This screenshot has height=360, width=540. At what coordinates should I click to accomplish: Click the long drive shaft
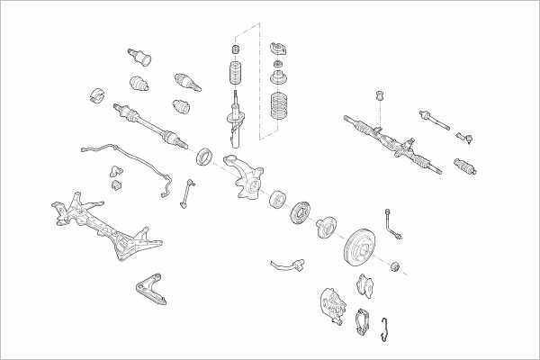(x=148, y=125)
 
